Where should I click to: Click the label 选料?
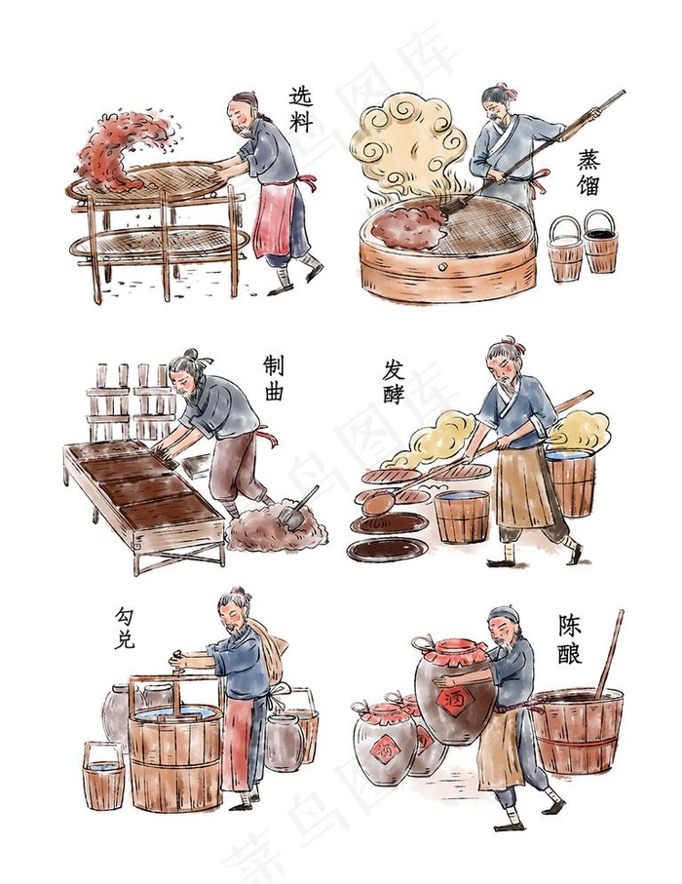pos(301,109)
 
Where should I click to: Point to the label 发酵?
pos(394,382)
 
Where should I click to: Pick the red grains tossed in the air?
pos(122,146)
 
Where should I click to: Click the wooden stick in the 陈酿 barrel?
pos(609,653)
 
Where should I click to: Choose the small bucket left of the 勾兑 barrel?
pos(104,775)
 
